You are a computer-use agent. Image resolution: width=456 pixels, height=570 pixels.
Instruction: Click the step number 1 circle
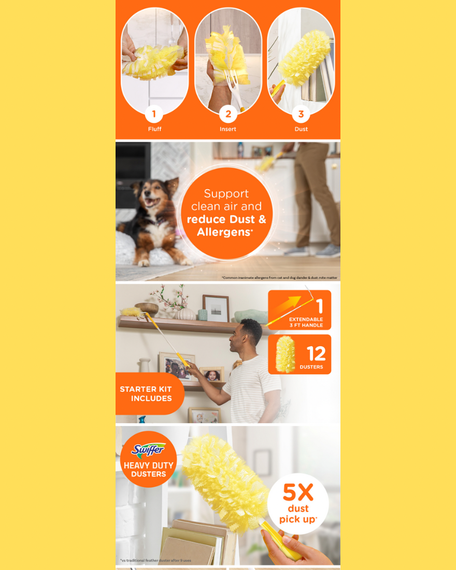[154, 114]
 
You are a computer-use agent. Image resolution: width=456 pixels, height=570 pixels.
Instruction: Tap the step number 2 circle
[228, 114]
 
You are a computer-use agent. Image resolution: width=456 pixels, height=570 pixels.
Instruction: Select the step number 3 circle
[301, 114]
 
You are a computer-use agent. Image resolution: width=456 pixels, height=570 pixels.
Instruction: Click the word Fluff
[154, 129]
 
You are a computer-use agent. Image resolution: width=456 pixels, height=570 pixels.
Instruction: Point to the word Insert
[228, 129]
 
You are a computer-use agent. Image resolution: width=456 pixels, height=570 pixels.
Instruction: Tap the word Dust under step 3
[301, 129]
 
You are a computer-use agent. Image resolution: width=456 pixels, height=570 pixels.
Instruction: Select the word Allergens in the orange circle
[224, 232]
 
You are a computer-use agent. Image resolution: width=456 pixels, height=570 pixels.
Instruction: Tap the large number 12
[316, 353]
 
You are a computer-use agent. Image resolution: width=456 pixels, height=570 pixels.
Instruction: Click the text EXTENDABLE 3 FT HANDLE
[306, 322]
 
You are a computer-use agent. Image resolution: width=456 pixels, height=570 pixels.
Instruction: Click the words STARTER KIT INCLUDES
[146, 394]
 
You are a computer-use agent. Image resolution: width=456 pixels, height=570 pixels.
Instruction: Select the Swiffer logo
[148, 450]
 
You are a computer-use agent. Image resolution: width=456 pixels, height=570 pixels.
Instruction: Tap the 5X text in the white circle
[298, 492]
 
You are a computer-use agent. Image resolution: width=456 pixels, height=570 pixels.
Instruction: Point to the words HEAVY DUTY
[148, 465]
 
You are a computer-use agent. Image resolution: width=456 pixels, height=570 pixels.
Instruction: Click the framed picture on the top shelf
[216, 308]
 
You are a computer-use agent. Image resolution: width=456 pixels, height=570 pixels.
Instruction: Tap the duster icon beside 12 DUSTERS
[285, 354]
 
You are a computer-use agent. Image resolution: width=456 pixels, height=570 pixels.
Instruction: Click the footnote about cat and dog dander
[279, 278]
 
